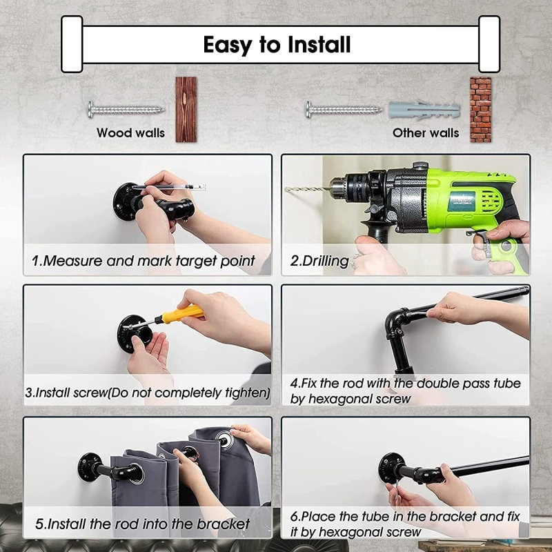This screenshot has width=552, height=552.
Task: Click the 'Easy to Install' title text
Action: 277,45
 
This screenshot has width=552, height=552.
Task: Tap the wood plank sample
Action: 186,110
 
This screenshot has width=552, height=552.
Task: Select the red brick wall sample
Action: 480,110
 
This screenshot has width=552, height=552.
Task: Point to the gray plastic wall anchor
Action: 424,110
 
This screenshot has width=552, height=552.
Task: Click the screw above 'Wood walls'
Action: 126,110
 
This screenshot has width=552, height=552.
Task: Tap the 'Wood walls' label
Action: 130,132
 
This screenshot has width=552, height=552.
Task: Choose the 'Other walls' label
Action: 426,132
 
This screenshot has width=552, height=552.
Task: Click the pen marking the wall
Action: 169,186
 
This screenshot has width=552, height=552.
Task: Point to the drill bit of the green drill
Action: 307,189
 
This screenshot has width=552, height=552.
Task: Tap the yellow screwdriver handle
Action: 182,314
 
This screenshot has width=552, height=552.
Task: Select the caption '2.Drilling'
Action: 319,261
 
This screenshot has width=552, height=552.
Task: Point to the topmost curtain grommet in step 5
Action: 224,439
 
